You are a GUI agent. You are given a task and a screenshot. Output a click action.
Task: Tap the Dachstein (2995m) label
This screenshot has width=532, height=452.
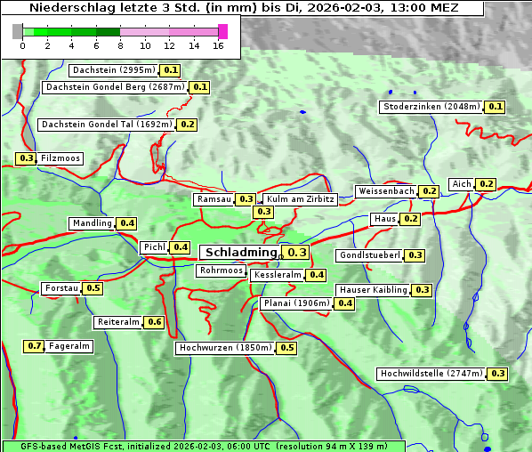click(113, 70)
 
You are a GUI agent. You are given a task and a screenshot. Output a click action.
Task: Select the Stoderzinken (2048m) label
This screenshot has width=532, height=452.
click(431, 107)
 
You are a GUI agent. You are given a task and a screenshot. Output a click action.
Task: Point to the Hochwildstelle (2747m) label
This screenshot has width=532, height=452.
click(431, 374)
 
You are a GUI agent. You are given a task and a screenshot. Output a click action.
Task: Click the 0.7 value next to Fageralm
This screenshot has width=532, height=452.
click(35, 346)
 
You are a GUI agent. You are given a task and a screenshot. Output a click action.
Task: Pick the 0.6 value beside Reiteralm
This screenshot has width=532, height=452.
click(155, 322)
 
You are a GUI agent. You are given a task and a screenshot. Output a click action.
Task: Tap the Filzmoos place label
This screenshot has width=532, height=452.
click(60, 158)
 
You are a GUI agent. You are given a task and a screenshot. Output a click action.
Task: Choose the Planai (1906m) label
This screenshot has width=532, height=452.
click(296, 303)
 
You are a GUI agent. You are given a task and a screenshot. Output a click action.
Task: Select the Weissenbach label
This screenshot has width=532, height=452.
click(385, 191)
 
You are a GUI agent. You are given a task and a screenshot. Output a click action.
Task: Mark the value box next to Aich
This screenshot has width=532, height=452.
click(486, 184)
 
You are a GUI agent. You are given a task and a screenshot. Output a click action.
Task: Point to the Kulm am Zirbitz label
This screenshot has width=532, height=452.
click(300, 199)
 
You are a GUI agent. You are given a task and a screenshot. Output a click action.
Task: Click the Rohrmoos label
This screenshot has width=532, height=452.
click(221, 270)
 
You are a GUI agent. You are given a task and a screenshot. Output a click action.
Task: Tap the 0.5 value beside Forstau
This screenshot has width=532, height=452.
click(93, 288)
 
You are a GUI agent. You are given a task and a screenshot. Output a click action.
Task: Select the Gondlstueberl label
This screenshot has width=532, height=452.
click(369, 255)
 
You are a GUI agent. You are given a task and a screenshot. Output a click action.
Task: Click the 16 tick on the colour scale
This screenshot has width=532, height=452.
click(219, 45)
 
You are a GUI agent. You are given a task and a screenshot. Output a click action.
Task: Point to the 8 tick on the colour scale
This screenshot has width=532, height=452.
click(120, 45)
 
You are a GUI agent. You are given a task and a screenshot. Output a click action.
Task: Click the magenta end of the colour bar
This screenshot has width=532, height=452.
click(223, 32)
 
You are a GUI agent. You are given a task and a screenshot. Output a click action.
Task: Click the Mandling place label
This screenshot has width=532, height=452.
click(93, 223)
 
